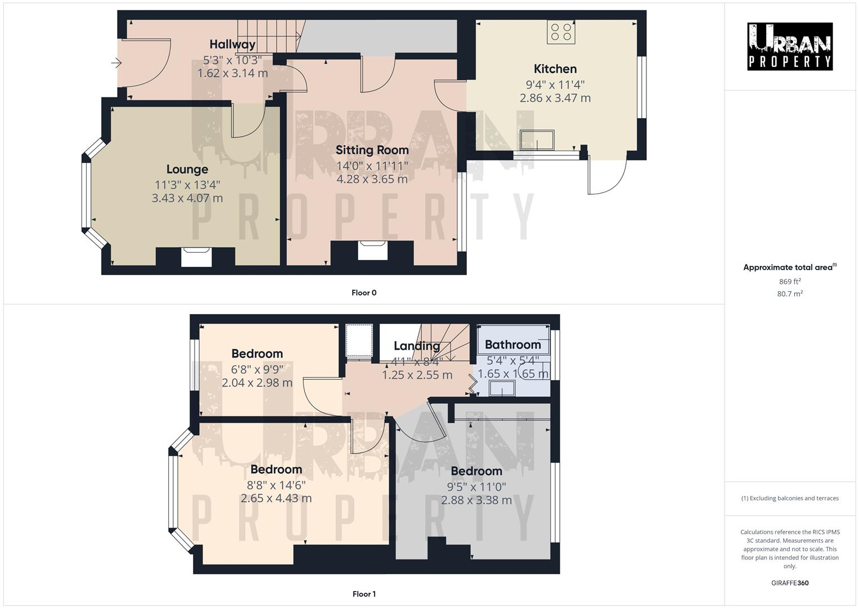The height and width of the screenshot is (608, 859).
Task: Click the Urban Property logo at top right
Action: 789,47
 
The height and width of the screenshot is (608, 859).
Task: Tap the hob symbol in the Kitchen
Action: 561,32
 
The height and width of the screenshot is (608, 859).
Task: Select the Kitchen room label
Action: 555,69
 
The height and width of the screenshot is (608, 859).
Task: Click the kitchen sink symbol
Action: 537,140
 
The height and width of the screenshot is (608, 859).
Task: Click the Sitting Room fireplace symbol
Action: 372,250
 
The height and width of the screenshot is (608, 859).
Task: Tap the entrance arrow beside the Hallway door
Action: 116,63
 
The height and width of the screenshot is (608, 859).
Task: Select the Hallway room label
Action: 232,44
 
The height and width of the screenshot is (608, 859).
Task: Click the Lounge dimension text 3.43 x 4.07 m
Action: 187,198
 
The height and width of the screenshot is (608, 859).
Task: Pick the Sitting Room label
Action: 372,150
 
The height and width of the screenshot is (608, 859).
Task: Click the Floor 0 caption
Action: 364,293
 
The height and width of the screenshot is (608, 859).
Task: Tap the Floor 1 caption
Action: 364,594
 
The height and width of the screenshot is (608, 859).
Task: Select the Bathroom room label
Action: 512,345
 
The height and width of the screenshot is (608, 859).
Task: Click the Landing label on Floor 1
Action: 416,346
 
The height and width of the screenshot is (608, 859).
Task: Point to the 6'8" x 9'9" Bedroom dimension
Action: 257,369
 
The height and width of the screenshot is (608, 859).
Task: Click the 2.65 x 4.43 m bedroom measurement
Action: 276,498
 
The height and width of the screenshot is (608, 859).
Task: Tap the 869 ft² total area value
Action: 789,281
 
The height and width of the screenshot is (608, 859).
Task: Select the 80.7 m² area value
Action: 789,293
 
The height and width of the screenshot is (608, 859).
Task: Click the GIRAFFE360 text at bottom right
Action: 789,583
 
